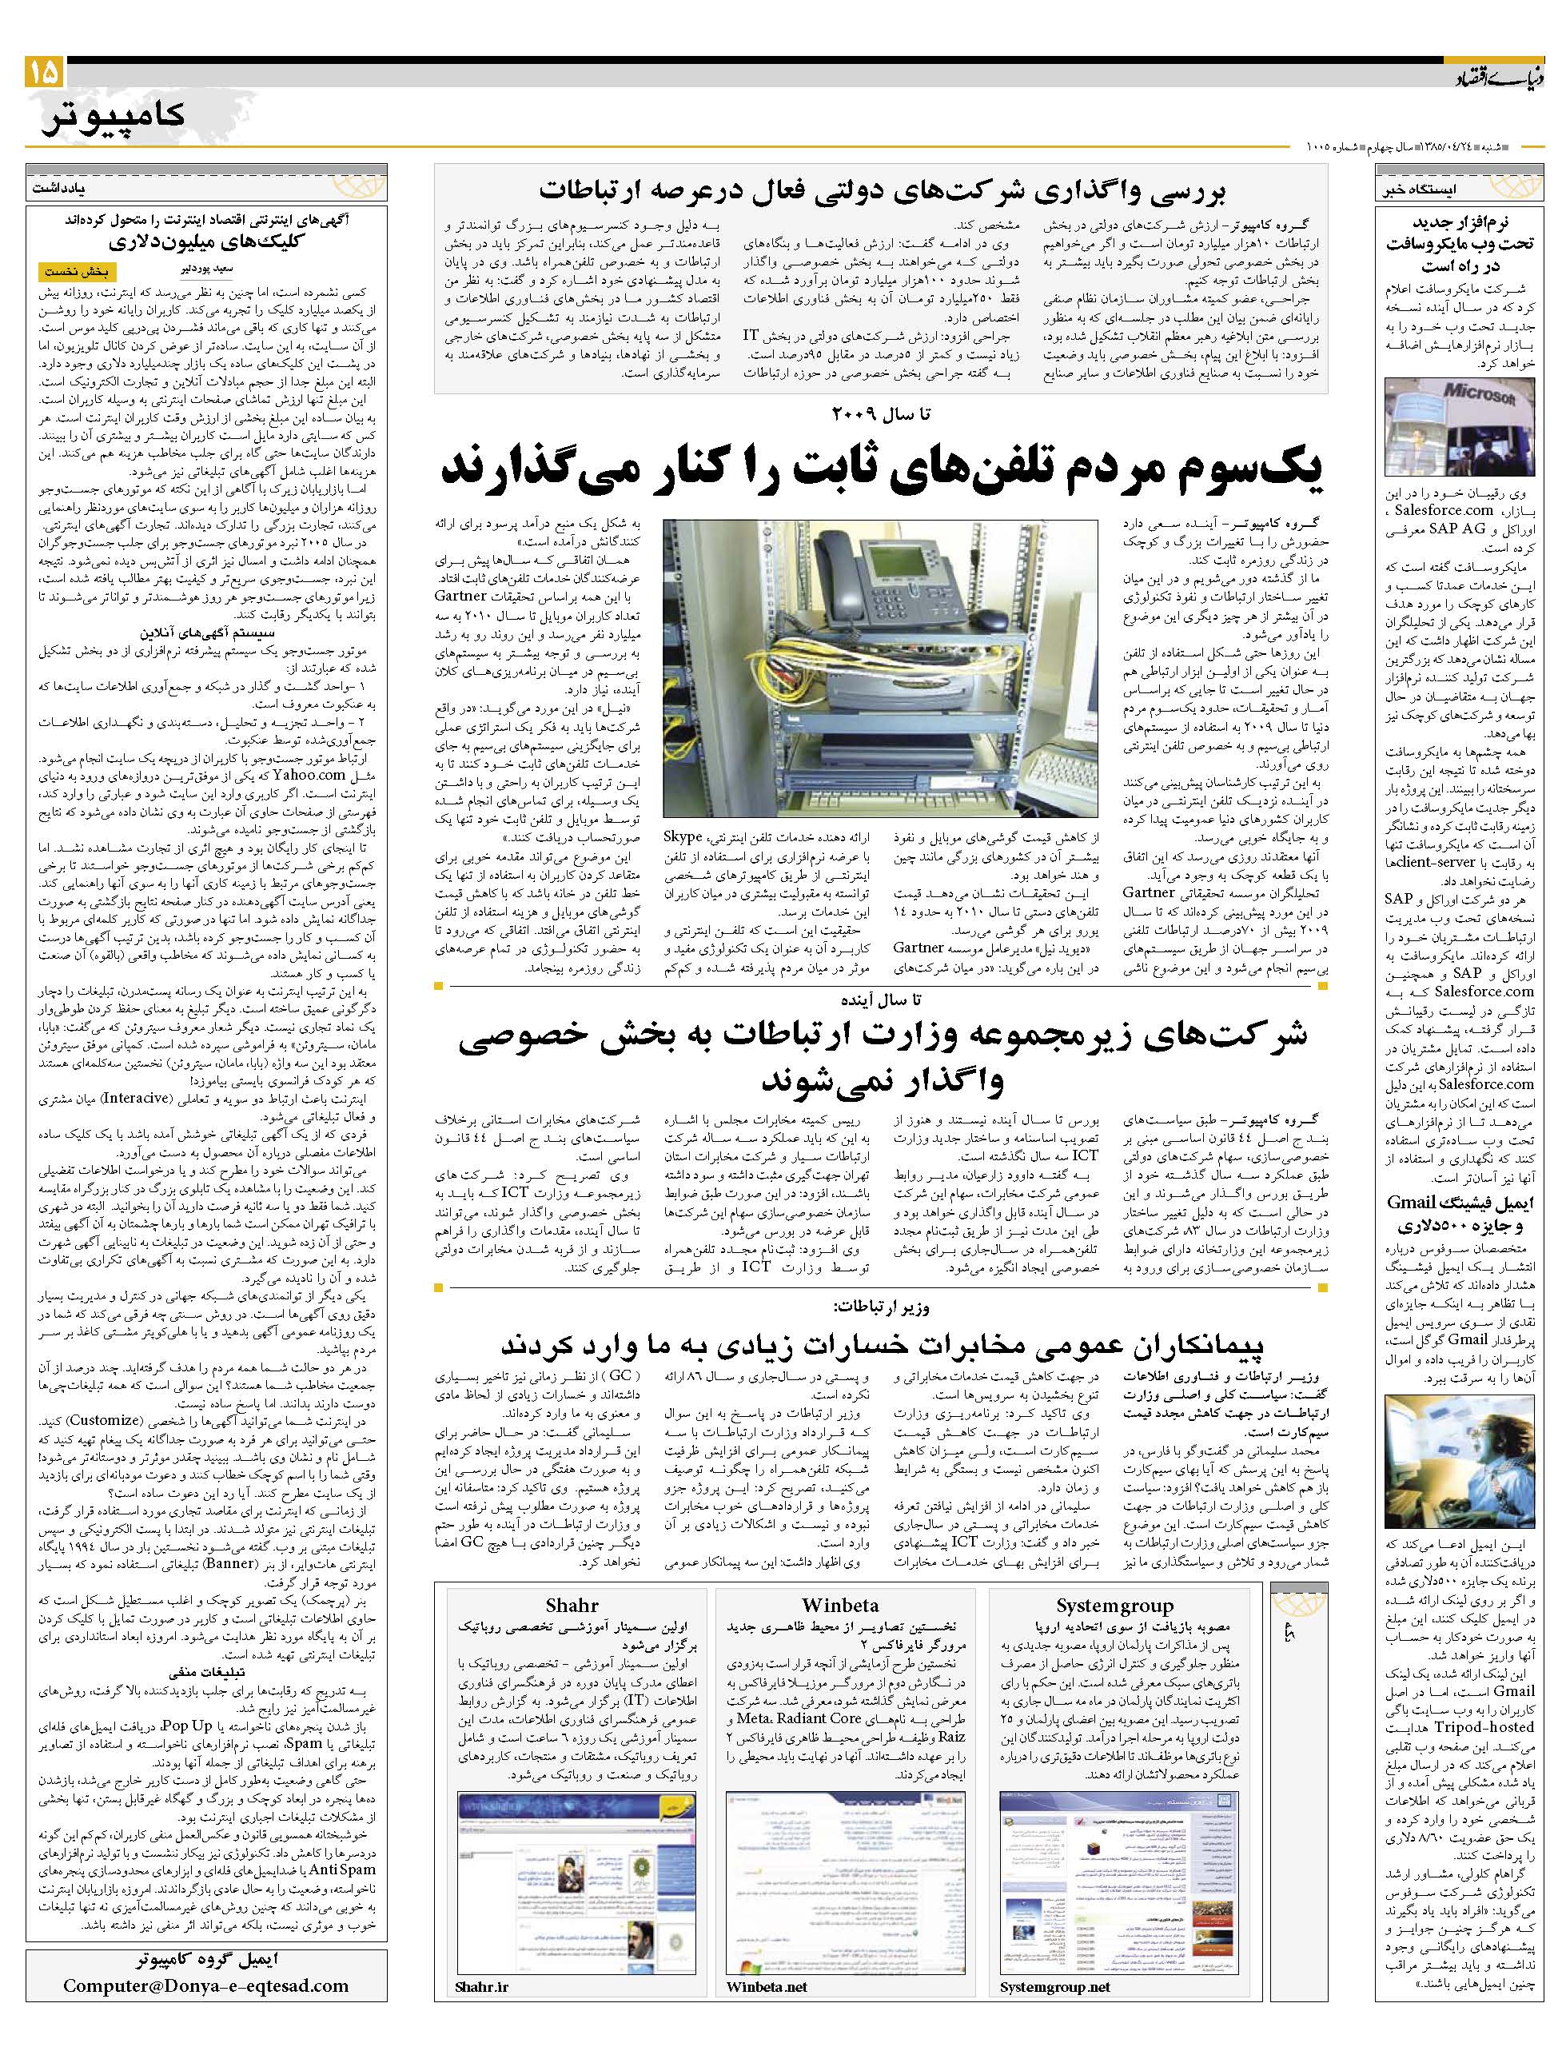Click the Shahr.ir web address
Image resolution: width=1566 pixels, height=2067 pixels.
click(x=482, y=2013)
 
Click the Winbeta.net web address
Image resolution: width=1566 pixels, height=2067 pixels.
click(x=766, y=2013)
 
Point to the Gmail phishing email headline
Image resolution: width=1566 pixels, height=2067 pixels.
click(x=1460, y=1215)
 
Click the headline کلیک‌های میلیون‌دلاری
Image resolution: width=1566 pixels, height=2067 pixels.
click(x=207, y=243)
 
